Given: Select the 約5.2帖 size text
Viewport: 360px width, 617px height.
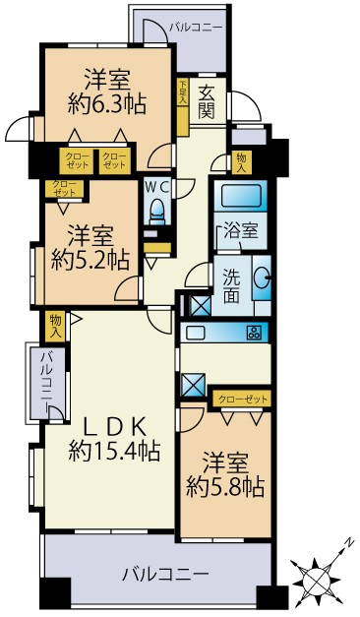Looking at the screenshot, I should (90, 259).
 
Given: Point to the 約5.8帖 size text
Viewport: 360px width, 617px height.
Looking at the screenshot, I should (228, 485).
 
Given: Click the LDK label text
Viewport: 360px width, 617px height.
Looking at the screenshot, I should (113, 427).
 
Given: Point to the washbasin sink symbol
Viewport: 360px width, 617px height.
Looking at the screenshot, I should (262, 279).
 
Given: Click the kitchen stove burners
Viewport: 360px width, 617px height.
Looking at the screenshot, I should (254, 332).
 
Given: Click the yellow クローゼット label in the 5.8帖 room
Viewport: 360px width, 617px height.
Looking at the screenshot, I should (240, 399).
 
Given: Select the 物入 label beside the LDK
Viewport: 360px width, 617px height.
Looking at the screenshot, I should (56, 325).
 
